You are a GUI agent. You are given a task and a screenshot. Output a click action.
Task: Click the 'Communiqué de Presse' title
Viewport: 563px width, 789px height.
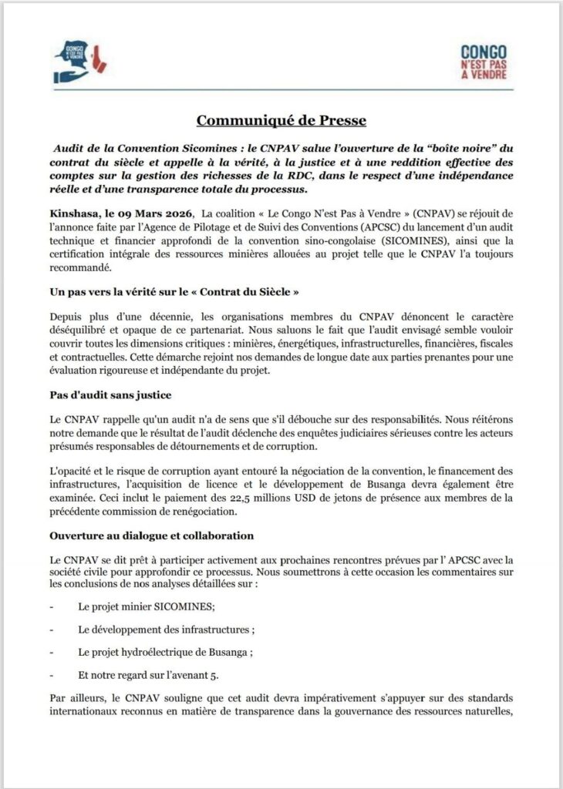point(281,120)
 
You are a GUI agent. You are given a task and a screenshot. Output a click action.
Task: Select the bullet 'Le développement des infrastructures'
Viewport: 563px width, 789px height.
point(167,629)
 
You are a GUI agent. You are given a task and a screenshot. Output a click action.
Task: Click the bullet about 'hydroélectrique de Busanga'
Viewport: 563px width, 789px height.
point(165,651)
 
